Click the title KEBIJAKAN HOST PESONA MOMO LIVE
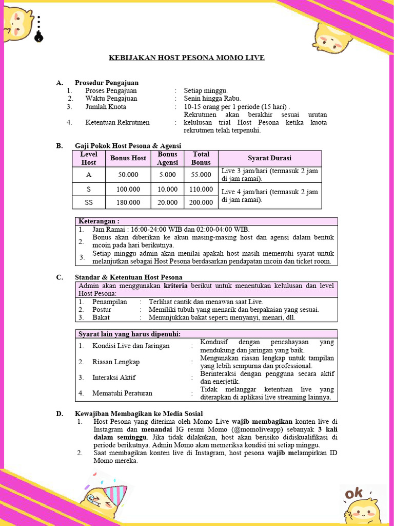click(x=187, y=58)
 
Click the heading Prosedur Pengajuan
click(x=107, y=83)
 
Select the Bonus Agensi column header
click(x=167, y=158)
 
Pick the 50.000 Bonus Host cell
click(x=128, y=175)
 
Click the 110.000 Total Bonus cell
click(x=201, y=189)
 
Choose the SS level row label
click(x=89, y=202)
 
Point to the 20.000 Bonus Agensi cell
click(x=167, y=202)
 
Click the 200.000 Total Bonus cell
click(x=201, y=202)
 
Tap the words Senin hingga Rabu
click(x=212, y=99)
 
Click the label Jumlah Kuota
click(x=106, y=107)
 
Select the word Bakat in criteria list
click(x=101, y=317)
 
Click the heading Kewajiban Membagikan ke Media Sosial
click(x=139, y=414)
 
